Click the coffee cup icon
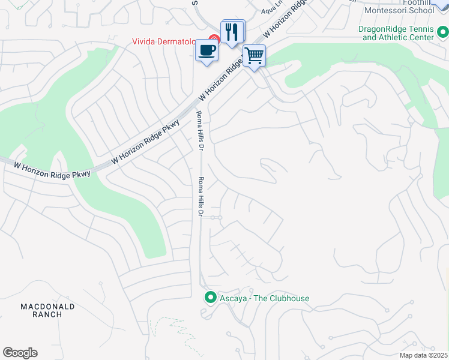tap(206, 50)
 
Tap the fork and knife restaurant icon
tap(233, 31)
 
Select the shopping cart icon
tap(254, 56)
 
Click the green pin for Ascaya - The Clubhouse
tap(211, 298)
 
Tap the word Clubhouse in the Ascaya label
tap(285, 298)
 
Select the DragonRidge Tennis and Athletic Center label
tap(397, 33)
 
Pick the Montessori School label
tap(399, 10)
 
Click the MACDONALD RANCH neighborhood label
tap(47, 310)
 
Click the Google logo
tap(20, 353)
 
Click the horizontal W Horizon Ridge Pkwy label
tap(52, 169)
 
